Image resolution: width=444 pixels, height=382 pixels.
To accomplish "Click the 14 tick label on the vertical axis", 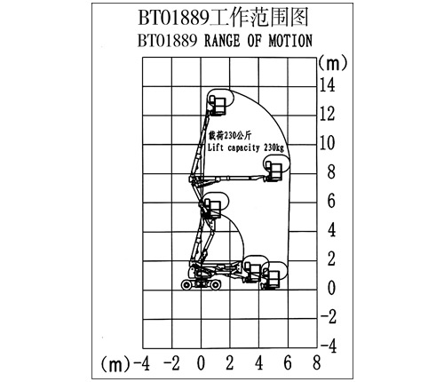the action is coord(328,84).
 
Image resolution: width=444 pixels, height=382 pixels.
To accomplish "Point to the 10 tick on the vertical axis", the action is coord(328,142).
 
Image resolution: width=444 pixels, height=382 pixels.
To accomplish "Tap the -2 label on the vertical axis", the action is coord(329,316).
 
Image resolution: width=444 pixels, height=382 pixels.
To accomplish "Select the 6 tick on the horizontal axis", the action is coord(288,362).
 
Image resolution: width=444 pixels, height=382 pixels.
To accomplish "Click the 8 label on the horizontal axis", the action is coord(317,362).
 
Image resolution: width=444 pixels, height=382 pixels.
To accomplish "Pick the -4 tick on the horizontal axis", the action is coord(142,362).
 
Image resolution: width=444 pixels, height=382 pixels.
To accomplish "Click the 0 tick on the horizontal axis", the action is coord(201,362).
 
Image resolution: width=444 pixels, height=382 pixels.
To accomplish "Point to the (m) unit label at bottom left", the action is coord(115,363).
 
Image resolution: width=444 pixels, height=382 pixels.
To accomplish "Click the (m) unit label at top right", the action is coord(332,63).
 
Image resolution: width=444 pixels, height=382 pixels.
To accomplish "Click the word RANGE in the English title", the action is coord(222,41).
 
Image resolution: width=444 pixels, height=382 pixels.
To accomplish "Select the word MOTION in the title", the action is coord(290,41).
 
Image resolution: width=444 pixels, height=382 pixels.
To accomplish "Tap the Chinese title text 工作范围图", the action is coord(259,17).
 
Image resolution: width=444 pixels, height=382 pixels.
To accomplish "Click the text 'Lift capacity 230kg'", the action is coord(246,147).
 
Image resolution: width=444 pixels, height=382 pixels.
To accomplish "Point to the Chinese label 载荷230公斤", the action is coord(230,136).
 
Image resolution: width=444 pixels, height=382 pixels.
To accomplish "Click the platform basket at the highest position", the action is coord(219,106).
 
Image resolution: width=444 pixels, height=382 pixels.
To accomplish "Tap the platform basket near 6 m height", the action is coord(213,209).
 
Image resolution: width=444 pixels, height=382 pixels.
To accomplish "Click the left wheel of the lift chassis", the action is coord(186,285).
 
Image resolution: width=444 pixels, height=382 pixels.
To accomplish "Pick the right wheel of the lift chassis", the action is coord(216,285).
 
